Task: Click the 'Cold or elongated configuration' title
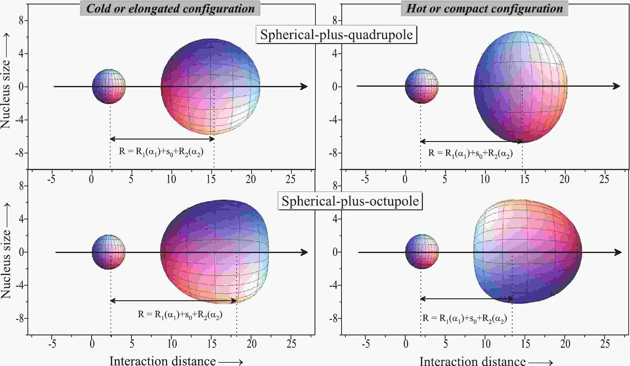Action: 170,9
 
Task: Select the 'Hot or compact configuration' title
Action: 484,9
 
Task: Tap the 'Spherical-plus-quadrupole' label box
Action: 336,35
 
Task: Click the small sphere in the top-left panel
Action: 109,86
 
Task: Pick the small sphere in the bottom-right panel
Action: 422,252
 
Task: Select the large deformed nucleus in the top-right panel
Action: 521,87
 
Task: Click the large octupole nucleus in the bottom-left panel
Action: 214,252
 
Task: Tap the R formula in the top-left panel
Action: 161,152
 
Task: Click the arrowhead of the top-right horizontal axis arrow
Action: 616,86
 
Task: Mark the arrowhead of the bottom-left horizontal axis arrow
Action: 304,252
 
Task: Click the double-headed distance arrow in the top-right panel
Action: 471,142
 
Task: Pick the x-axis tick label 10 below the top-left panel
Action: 171,179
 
